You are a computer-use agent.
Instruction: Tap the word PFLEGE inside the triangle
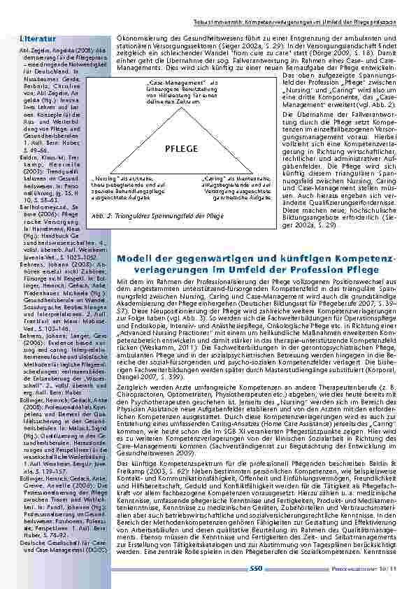click(182, 149)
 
